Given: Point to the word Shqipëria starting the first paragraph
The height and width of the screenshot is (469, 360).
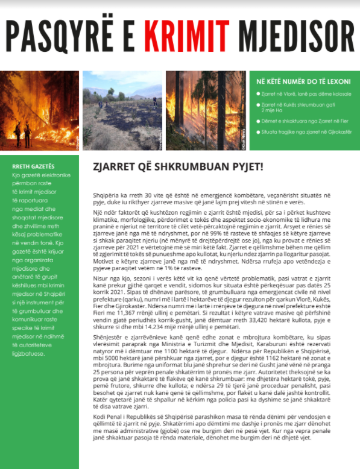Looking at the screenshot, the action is (x=102, y=197).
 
